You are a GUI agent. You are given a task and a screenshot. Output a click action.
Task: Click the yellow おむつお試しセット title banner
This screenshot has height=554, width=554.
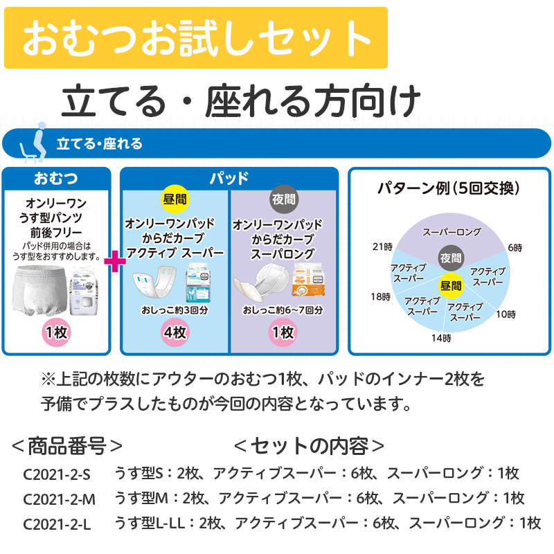tap(196, 38)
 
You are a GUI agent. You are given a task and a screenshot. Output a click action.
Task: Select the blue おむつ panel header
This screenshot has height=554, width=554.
tap(56, 178)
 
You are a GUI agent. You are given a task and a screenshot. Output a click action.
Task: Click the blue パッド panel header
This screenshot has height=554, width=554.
tap(229, 178)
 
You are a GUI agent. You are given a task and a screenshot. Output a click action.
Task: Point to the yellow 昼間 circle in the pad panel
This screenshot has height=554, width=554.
tap(174, 199)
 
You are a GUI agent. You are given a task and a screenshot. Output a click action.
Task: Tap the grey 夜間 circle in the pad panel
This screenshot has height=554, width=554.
tap(283, 200)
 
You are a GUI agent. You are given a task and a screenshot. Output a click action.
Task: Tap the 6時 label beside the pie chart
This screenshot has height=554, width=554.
tap(515, 247)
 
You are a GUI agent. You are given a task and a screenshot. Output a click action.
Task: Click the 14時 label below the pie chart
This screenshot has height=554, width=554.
tap(441, 338)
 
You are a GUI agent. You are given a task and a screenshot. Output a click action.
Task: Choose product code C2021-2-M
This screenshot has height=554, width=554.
tap(59, 499)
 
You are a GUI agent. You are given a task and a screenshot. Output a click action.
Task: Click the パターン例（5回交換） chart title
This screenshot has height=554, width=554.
tap(449, 188)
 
